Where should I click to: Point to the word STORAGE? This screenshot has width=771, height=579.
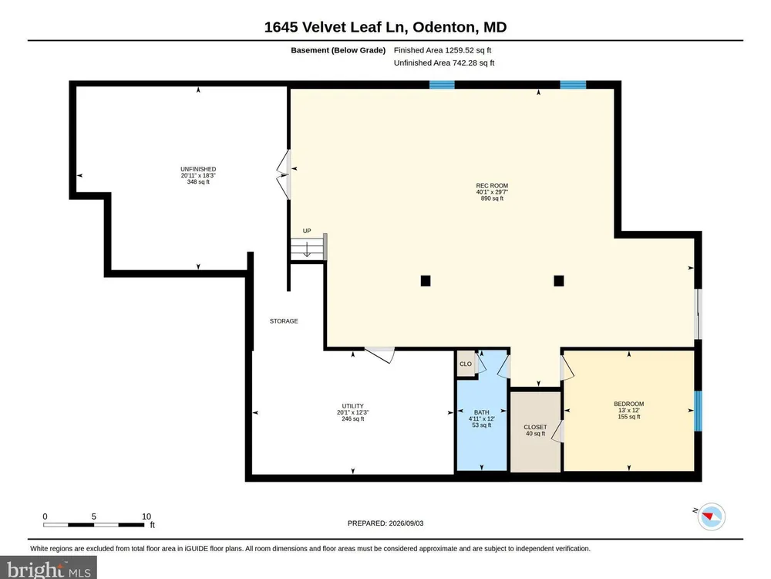[x=284, y=321]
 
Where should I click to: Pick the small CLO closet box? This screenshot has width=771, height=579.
[x=466, y=364]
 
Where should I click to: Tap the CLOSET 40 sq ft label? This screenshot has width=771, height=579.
[x=535, y=430]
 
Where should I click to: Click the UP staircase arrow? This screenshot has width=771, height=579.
[x=307, y=249]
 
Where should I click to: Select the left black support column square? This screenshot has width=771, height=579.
[x=426, y=281]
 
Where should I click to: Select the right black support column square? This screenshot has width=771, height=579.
[x=558, y=281]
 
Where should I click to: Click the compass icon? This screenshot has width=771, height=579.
[x=711, y=516]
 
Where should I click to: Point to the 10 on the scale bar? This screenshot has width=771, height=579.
[x=146, y=516]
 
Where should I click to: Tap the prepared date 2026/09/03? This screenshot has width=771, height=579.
[x=406, y=523]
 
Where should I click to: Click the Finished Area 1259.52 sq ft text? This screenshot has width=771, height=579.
[x=443, y=50]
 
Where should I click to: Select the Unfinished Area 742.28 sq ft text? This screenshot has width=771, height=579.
[x=444, y=63]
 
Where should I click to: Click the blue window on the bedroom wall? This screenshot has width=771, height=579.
[x=698, y=411]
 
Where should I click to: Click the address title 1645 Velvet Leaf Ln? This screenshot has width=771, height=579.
[x=336, y=27]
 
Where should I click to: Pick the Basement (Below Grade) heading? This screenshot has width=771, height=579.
[x=338, y=50]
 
